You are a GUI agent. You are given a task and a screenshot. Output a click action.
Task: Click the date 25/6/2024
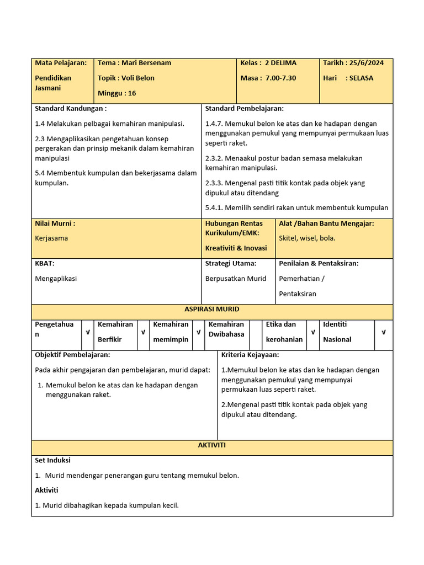[x=367, y=63]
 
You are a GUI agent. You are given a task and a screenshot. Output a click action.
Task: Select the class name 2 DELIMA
[x=280, y=63]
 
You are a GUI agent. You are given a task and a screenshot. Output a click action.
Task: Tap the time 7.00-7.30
[x=280, y=78]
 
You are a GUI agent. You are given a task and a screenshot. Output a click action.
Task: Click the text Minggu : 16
[x=116, y=93]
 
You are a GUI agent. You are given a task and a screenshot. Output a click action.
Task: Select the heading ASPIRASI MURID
[x=212, y=309]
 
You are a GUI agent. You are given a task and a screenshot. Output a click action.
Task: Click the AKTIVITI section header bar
[x=212, y=445]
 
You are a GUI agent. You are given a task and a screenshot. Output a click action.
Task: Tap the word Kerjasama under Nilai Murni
[x=51, y=238]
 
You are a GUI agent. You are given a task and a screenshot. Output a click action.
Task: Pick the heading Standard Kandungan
[x=71, y=108]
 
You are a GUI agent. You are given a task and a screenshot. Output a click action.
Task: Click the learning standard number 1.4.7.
[x=214, y=124]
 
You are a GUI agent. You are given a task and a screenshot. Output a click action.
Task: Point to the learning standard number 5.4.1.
[x=214, y=207]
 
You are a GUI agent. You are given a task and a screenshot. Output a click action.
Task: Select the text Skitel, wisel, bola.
[x=307, y=238]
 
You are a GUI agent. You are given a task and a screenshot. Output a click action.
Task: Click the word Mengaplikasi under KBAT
[x=56, y=278]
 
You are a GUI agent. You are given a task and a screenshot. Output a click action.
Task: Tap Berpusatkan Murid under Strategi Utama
[x=236, y=278]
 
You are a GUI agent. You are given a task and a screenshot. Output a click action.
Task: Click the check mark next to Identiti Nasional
[x=384, y=332]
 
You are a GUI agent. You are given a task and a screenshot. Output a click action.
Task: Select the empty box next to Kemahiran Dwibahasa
[x=255, y=332]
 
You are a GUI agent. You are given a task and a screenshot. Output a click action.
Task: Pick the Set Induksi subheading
[x=52, y=460]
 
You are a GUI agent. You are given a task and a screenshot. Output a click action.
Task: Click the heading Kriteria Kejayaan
[x=250, y=354]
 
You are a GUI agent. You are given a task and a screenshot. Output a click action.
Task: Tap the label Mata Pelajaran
[x=61, y=63]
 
